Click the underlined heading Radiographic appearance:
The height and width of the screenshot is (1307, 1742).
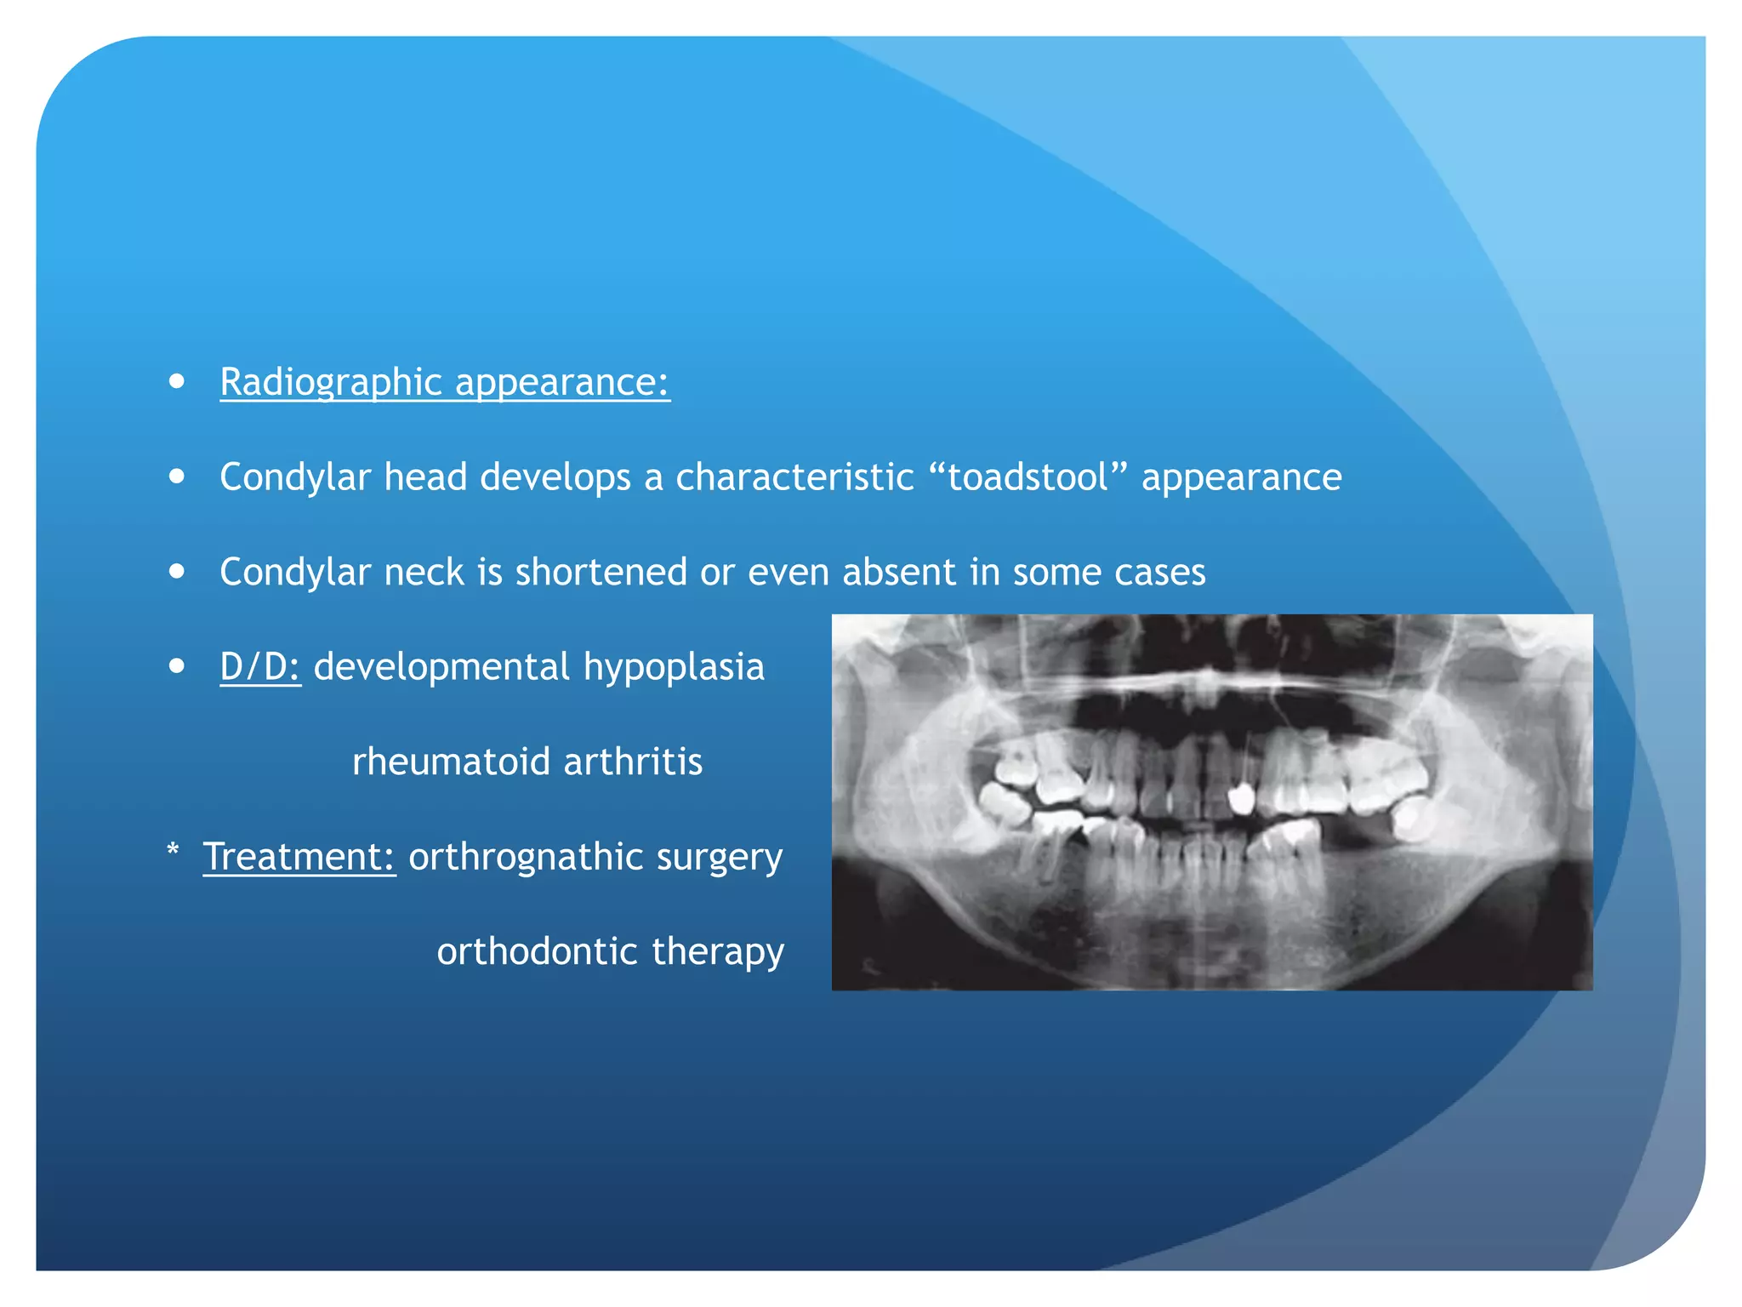444,382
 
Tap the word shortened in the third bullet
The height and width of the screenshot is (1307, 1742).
601,572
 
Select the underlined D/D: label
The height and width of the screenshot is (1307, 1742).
259,667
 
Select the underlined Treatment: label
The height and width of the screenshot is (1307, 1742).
299,857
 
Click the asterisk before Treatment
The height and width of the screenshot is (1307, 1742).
174,851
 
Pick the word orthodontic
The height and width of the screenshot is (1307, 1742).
537,951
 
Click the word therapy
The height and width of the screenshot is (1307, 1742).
718,951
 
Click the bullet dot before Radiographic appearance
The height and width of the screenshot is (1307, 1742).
177,381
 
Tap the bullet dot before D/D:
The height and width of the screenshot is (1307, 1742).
177,666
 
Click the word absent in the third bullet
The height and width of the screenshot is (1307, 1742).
898,572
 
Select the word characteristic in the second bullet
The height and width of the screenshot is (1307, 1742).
794,477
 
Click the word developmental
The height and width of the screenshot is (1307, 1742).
441,667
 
